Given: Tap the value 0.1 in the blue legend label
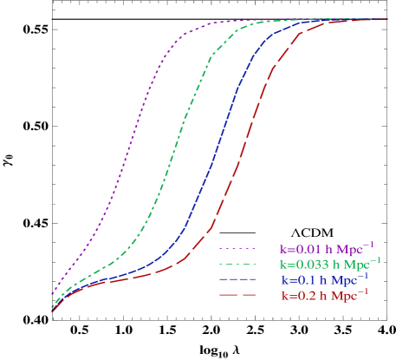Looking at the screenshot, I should [301, 280].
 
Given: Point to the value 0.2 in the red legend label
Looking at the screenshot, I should [301, 296].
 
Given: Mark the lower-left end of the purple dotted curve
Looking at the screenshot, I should [52, 295].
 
